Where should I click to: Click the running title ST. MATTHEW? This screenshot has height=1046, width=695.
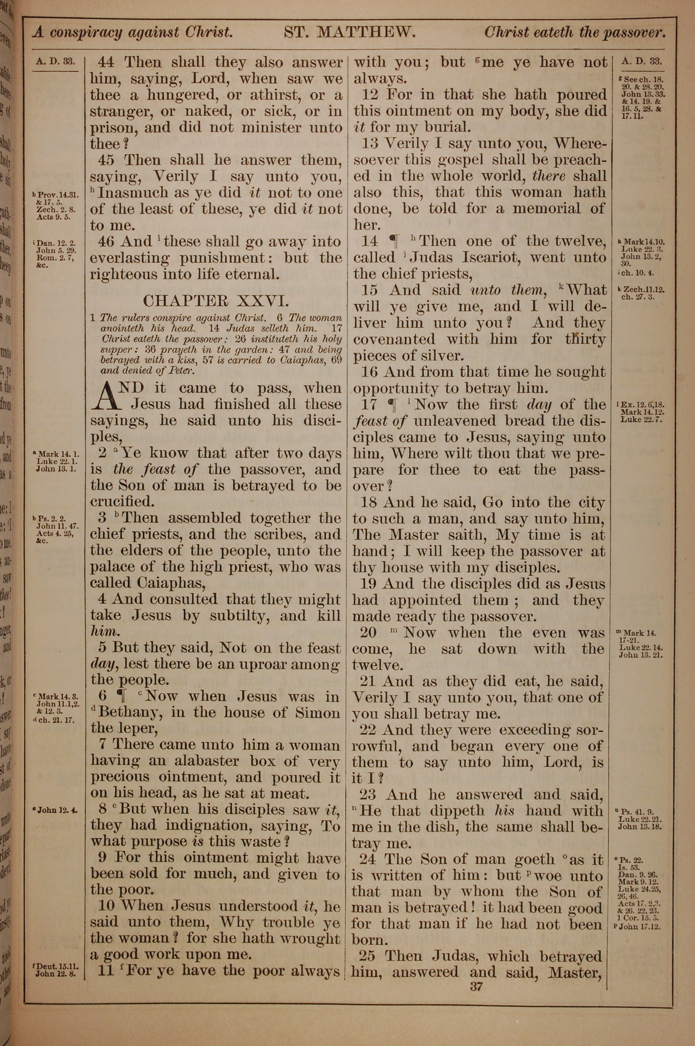(x=349, y=32)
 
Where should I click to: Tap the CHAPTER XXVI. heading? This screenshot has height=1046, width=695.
(x=216, y=301)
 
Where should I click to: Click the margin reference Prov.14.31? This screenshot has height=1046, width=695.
(x=58, y=195)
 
